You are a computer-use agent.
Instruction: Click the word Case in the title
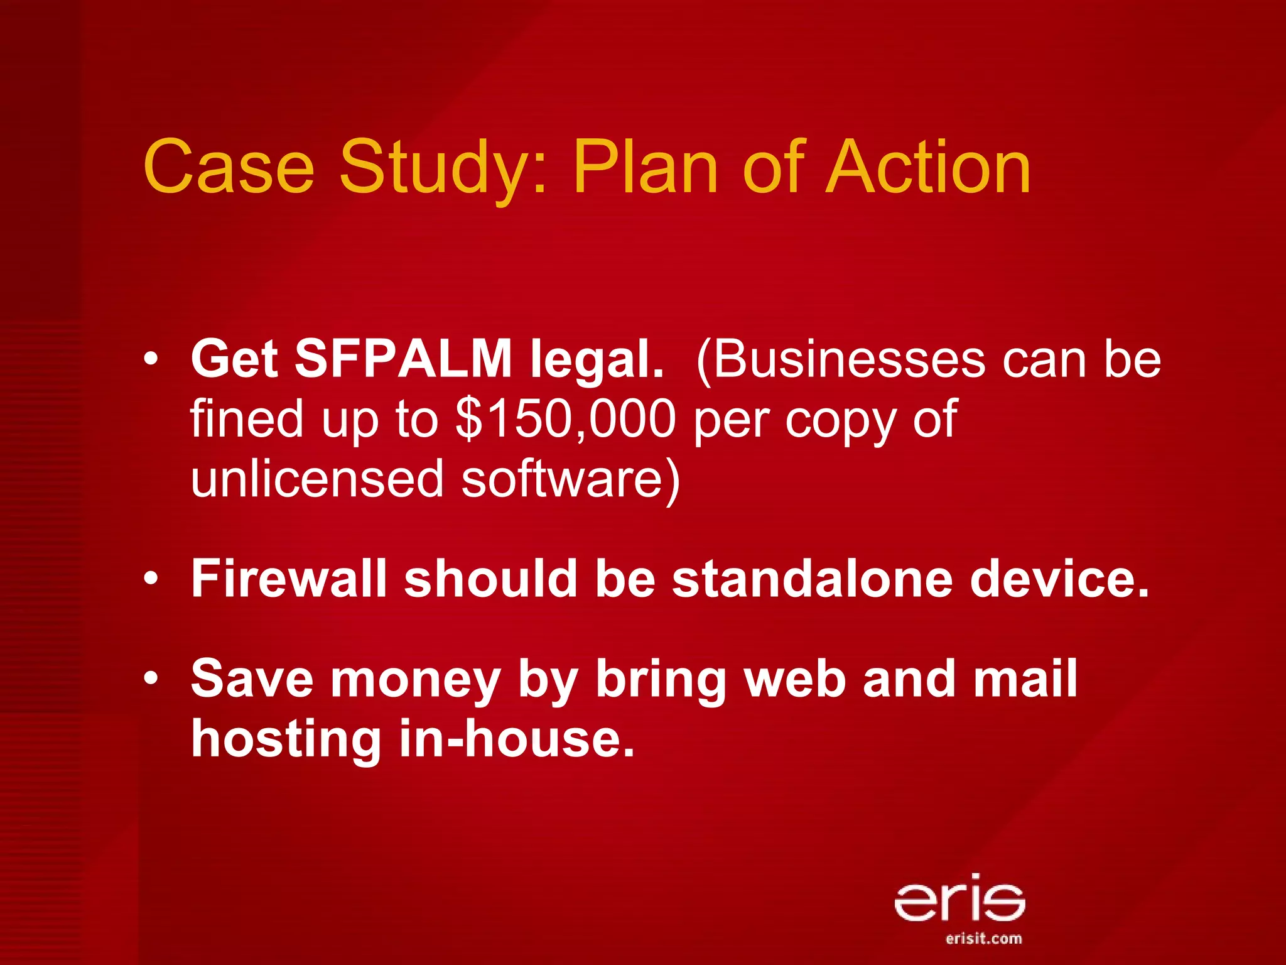(x=229, y=166)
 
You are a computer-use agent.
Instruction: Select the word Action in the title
(x=928, y=166)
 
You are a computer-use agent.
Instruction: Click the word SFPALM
(x=404, y=359)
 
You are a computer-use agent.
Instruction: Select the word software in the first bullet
(x=570, y=479)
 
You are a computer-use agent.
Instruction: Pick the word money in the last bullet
(x=415, y=679)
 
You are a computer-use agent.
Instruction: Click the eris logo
(x=959, y=897)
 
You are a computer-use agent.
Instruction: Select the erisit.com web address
(x=983, y=939)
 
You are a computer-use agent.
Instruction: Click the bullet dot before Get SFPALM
(x=150, y=360)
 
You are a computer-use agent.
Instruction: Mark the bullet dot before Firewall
(x=150, y=579)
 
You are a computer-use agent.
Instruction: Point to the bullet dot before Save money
(x=150, y=679)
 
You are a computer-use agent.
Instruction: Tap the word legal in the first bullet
(x=597, y=360)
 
